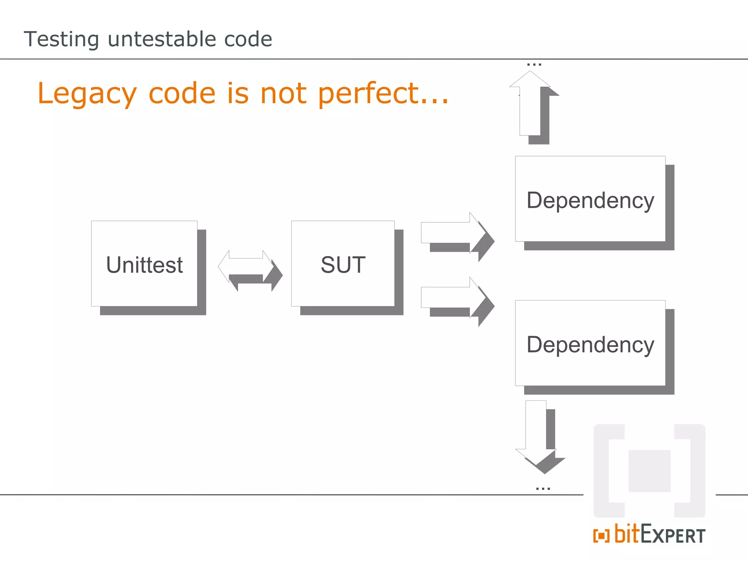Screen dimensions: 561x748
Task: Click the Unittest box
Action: [x=144, y=264]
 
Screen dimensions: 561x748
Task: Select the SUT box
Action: [x=343, y=264]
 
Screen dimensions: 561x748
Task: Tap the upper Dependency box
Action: [x=590, y=199]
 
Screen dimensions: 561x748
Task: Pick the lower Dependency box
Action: [x=590, y=343]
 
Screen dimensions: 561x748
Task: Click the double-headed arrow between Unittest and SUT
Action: [x=246, y=266]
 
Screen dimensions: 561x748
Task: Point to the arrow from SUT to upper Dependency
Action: [x=453, y=233]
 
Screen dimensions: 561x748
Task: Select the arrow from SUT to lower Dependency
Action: [x=453, y=297]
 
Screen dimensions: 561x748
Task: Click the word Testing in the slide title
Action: [x=61, y=39]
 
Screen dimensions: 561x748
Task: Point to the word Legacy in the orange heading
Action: [x=87, y=94]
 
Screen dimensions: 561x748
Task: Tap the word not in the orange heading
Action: [x=283, y=93]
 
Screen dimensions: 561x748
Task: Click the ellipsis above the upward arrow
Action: [x=534, y=65]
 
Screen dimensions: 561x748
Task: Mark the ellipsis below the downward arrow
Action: [x=543, y=488]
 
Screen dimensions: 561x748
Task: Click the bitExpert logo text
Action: [x=660, y=535]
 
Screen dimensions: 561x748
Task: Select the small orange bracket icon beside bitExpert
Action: [x=601, y=536]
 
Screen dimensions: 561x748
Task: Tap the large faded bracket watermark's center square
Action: [x=649, y=471]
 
